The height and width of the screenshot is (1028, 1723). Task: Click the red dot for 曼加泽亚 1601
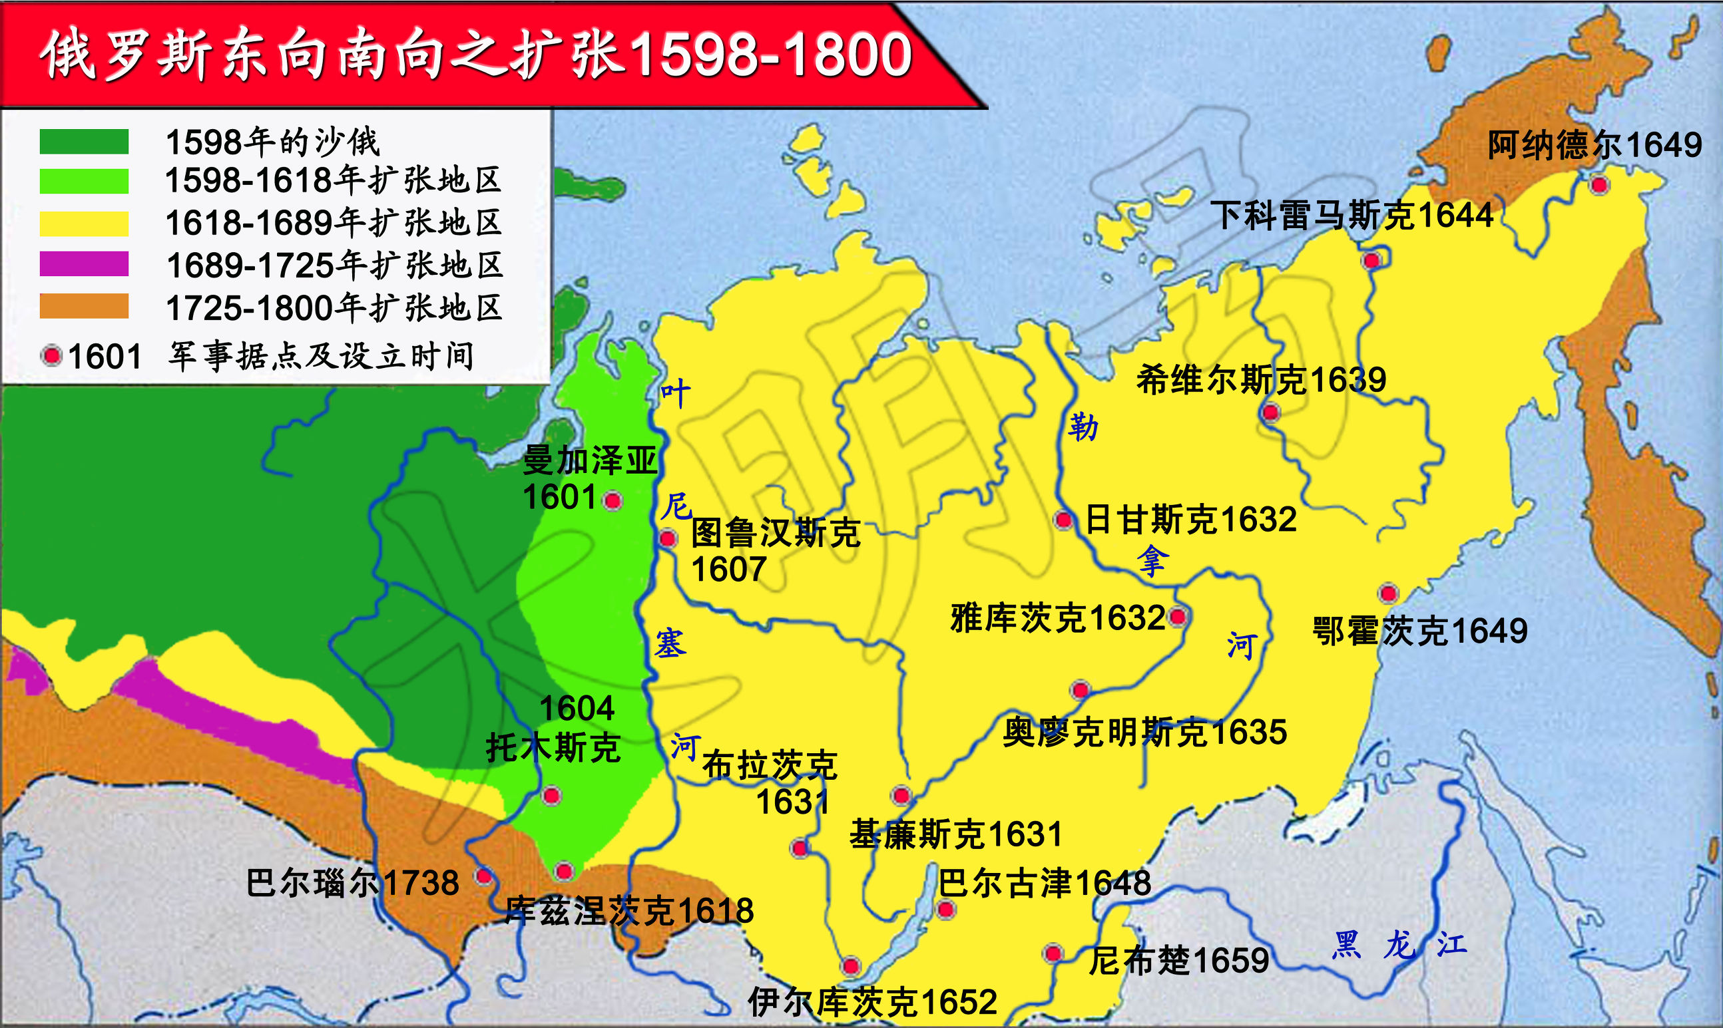tap(613, 500)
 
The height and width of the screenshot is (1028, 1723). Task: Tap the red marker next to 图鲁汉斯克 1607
tap(668, 538)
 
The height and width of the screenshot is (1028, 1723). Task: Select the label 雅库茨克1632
tap(1057, 618)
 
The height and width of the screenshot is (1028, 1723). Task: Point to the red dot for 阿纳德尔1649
tap(1600, 185)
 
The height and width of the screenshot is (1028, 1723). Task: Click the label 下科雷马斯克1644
tap(1352, 215)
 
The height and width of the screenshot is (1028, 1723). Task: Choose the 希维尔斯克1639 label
tap(1261, 380)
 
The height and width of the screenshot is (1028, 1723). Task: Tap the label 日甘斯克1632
tap(1190, 520)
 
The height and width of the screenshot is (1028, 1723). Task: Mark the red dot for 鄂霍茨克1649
tap(1388, 594)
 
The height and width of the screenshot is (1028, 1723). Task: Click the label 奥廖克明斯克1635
tap(1144, 732)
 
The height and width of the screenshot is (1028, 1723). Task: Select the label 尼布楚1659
tap(1178, 961)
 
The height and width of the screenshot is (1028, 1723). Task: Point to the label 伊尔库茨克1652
tap(872, 1001)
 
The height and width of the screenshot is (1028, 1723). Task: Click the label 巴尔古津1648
tap(1044, 883)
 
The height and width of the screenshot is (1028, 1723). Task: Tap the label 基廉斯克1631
tap(956, 834)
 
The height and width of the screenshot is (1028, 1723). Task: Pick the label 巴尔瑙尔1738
tap(352, 883)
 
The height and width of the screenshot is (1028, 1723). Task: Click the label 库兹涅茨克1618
tap(628, 910)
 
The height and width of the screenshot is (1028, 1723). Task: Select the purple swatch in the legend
tap(84, 264)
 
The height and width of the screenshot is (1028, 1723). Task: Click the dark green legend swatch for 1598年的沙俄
tap(84, 141)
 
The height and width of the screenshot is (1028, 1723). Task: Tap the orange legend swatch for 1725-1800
tap(84, 306)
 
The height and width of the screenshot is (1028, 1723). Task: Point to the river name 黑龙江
tap(1399, 945)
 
